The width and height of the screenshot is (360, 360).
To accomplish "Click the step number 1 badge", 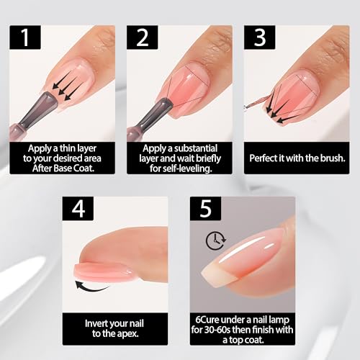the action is (25, 37).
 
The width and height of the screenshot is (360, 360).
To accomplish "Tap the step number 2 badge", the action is (143, 37).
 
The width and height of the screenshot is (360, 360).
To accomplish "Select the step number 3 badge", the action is (260, 37).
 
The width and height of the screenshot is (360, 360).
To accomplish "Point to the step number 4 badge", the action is (78, 208).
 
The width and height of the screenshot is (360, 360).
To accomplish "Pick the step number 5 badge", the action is (205, 208).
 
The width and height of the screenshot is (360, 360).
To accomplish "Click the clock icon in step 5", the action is (216, 240).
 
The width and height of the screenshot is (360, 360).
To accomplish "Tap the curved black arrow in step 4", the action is (92, 287).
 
